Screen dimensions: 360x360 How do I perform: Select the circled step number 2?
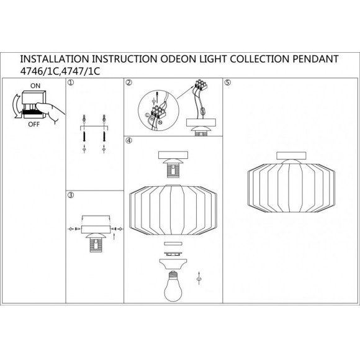click(128, 83)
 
